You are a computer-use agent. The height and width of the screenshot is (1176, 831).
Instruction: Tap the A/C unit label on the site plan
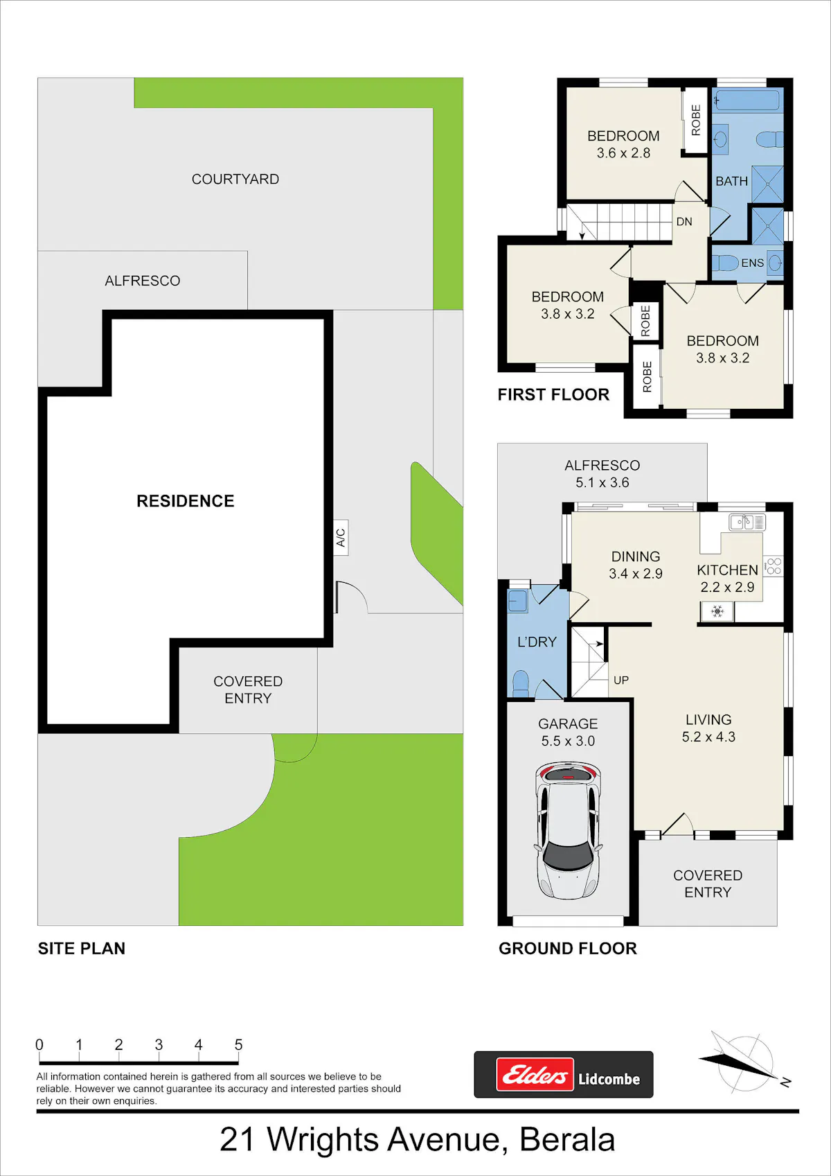click(341, 538)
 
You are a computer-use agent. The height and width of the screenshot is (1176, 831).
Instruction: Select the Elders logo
click(535, 1075)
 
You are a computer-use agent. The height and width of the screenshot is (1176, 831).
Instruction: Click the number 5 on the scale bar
click(238, 1045)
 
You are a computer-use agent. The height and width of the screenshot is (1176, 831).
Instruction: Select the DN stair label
click(684, 222)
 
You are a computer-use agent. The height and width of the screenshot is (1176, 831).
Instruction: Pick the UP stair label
click(621, 680)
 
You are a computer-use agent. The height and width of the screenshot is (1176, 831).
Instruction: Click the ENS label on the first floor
click(752, 263)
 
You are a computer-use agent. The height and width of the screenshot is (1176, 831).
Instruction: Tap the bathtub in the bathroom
click(748, 100)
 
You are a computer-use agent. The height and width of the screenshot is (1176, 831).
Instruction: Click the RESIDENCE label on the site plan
click(185, 501)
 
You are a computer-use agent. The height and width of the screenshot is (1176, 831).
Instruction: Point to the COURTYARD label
click(235, 179)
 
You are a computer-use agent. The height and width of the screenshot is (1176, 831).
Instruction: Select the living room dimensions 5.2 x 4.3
click(708, 737)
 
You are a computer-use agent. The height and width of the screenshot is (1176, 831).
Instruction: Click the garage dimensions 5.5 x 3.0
click(568, 741)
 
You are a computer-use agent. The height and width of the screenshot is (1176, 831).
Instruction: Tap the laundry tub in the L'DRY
click(517, 601)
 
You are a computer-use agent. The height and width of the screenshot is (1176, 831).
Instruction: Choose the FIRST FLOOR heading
click(553, 395)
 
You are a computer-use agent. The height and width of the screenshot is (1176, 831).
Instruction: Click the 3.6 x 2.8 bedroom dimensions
click(623, 152)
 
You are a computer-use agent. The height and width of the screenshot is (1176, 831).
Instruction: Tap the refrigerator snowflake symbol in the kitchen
click(717, 611)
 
